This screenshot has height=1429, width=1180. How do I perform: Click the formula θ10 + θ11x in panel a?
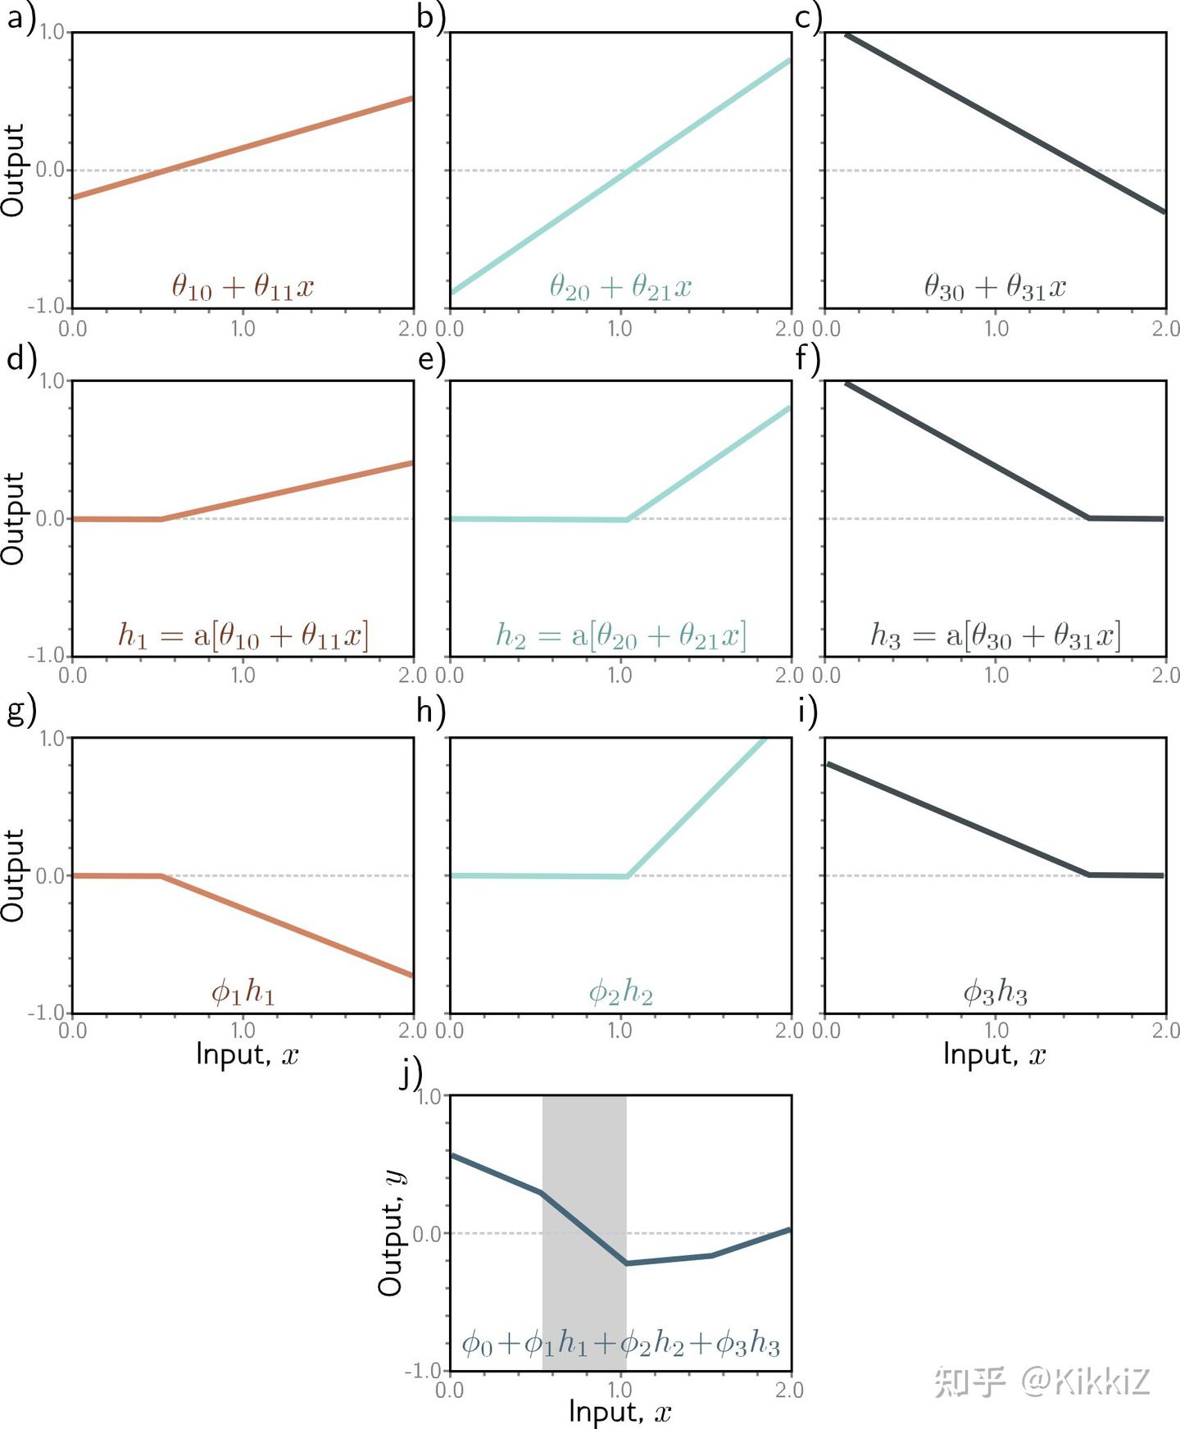(243, 287)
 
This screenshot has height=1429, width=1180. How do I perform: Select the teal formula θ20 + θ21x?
(620, 287)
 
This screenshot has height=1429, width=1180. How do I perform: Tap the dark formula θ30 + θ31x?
(995, 287)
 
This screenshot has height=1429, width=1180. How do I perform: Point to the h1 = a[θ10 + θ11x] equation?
(243, 635)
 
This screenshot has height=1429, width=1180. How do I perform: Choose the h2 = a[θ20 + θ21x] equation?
(620, 635)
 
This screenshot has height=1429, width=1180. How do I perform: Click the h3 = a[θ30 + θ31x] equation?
(995, 635)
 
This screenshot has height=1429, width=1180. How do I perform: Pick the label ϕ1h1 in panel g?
(243, 993)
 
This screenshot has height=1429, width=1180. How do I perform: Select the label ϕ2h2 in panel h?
(620, 993)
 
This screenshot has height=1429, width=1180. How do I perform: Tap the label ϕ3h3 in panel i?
(995, 993)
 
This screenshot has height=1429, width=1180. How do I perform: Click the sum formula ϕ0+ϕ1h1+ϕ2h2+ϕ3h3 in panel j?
(620, 1344)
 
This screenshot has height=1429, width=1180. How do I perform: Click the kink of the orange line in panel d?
(161, 519)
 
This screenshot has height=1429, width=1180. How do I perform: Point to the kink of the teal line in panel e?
(627, 520)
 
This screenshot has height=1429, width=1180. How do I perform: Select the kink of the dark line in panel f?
(1089, 518)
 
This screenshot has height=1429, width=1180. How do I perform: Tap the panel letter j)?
(410, 1073)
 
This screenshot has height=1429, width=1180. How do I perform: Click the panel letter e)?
(431, 358)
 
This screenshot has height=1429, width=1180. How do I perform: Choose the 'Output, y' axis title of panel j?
(391, 1233)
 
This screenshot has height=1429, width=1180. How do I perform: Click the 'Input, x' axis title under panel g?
(247, 1054)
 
